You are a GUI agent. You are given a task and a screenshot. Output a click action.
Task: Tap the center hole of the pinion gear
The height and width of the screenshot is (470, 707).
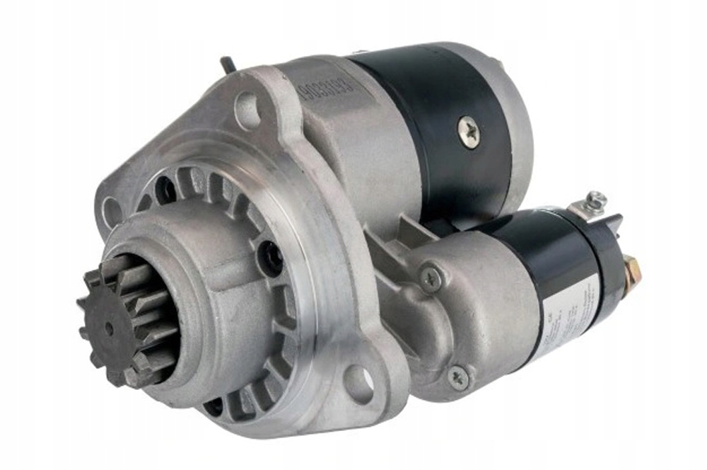click(109, 328)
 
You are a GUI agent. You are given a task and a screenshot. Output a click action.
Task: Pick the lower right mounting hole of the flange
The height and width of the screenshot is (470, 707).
click(360, 382)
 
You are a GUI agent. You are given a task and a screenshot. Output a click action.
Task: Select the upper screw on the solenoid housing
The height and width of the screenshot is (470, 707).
click(431, 277)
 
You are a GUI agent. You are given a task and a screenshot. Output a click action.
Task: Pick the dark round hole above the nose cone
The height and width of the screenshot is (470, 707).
click(165, 189)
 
